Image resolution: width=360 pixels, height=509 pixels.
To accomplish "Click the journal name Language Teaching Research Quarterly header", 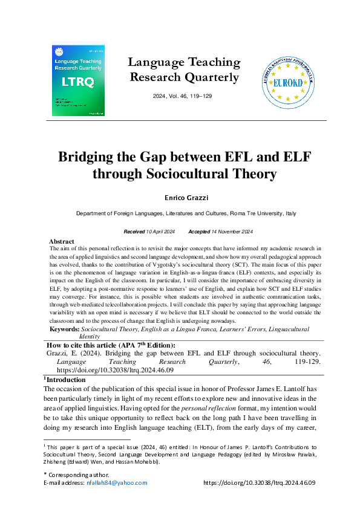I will tap(185, 70).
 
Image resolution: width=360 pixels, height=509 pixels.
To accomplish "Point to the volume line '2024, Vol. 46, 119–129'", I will tap(184, 97).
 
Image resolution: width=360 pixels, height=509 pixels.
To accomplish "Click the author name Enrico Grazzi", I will tap(185, 198).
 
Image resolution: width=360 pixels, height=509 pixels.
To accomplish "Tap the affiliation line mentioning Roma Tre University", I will tap(186, 213).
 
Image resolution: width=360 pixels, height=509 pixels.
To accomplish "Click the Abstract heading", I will tap(61, 241).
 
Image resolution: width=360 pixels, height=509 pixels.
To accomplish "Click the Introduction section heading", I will tap(66, 380).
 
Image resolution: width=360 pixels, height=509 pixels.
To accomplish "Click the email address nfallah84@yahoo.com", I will tap(120, 483).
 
